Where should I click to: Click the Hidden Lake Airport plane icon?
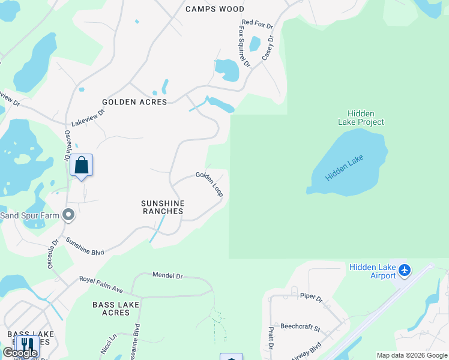405,271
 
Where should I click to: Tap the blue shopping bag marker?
81,165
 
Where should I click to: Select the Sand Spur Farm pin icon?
68,214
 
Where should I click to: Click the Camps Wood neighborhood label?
215,9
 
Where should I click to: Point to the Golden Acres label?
134,102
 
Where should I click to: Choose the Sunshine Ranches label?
163,207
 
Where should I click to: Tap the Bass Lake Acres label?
116,308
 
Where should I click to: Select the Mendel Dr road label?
167,275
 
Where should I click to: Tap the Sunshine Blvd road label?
85,246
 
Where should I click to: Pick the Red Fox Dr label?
257,27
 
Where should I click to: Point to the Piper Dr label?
311,297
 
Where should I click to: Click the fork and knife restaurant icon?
26,345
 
